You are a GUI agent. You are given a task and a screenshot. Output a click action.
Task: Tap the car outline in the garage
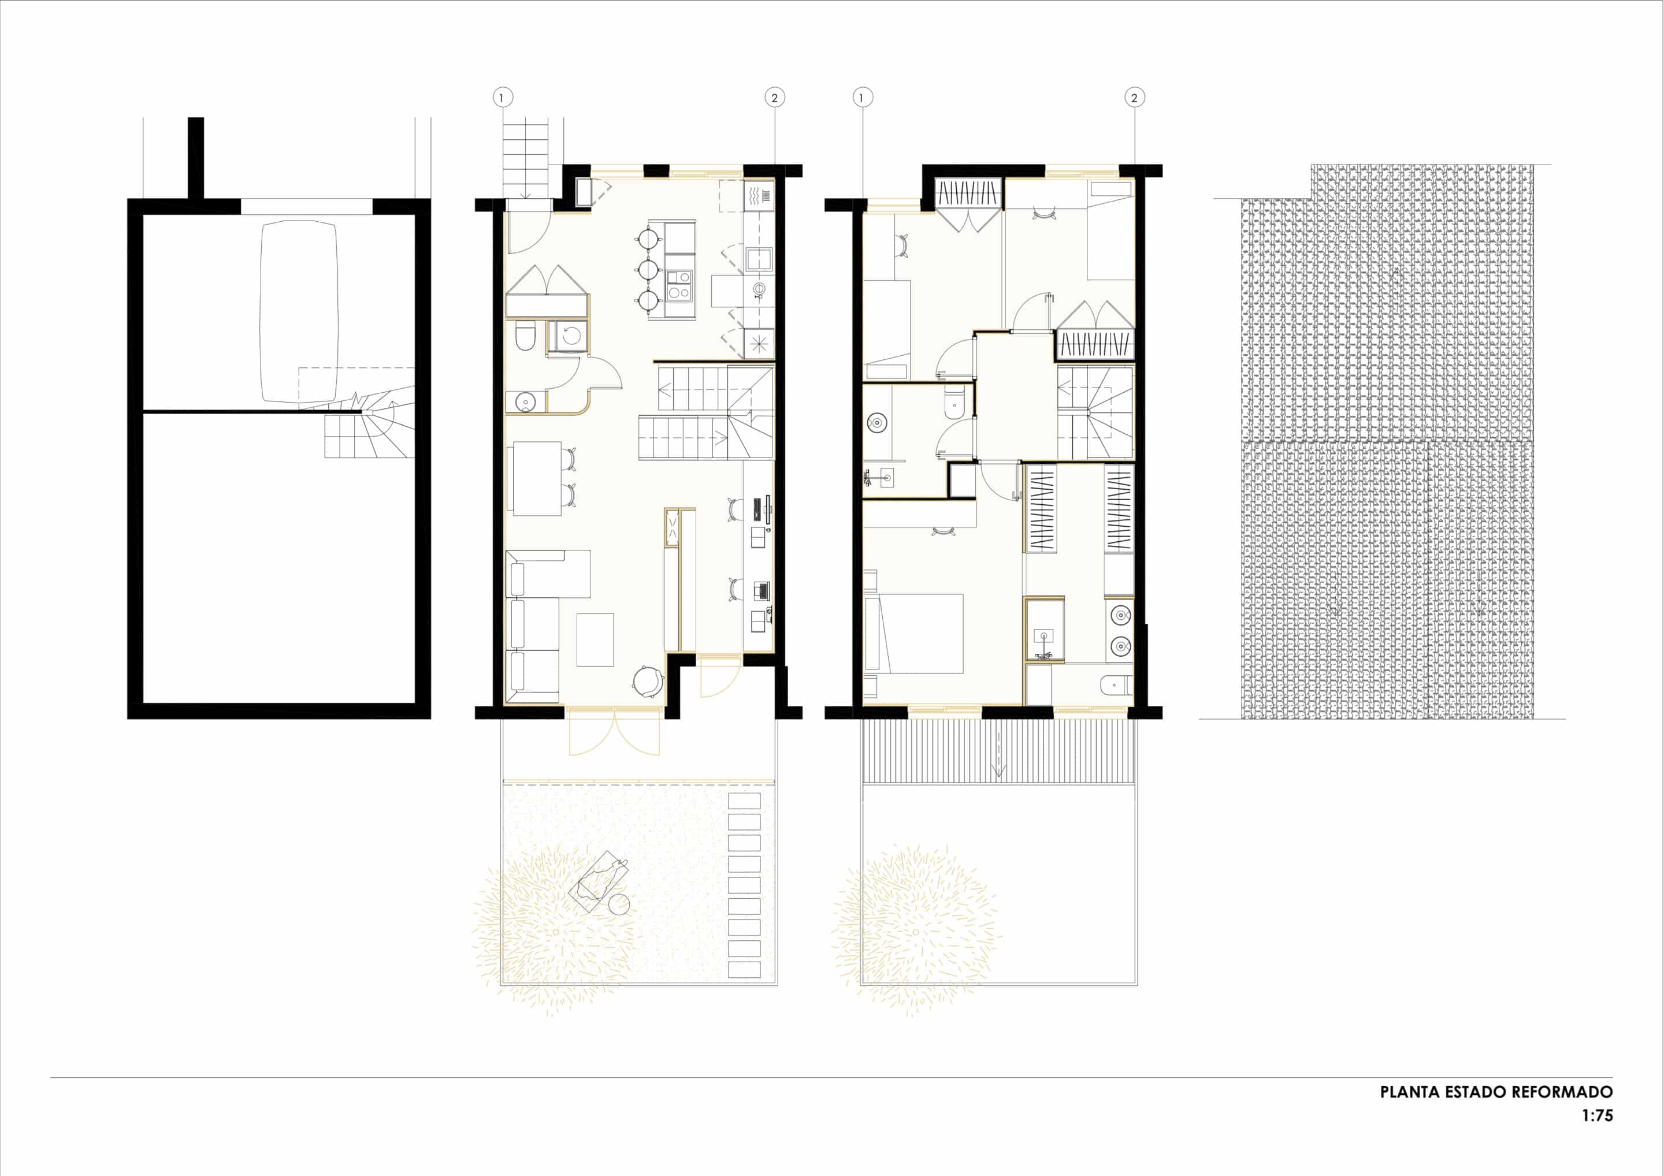[x=299, y=311]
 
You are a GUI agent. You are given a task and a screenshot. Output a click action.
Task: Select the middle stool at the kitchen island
[x=649, y=270]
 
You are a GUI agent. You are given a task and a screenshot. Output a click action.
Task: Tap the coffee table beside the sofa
[x=595, y=640]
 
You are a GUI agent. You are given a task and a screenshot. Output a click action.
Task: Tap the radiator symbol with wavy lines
[x=759, y=196]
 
